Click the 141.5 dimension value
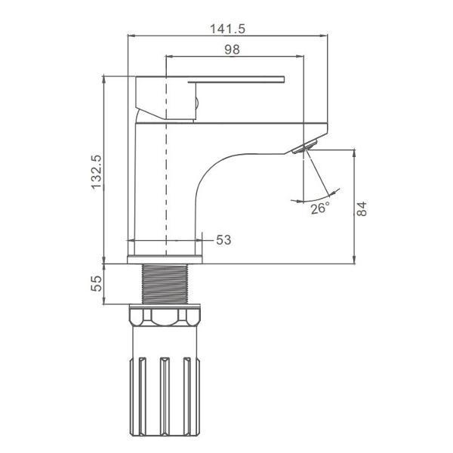pyautogui.click(x=227, y=29)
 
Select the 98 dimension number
pyautogui.click(x=232, y=49)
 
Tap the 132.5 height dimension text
pyautogui.click(x=97, y=172)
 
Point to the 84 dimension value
pyautogui.click(x=362, y=209)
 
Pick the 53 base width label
pyautogui.click(x=223, y=240)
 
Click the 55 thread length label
pyautogui.click(x=97, y=283)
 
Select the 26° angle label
pyautogui.click(x=320, y=208)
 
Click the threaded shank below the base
pyautogui.click(x=165, y=284)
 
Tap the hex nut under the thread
pyautogui.click(x=165, y=317)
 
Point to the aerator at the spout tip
pyautogui.click(x=304, y=146)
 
